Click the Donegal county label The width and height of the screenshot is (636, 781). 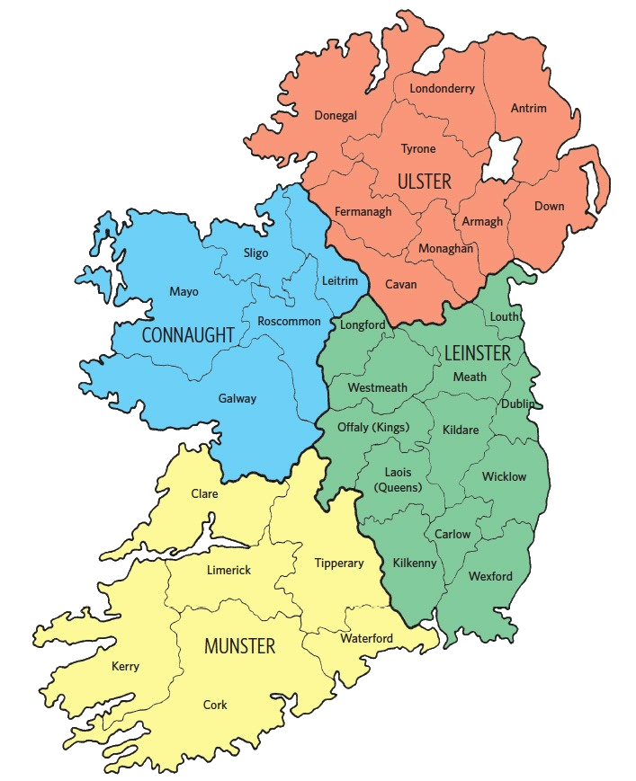336,115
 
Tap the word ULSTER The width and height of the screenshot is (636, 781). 424,182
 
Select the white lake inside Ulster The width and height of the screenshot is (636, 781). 502,158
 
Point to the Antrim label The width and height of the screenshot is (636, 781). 528,109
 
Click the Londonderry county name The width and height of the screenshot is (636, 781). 442,88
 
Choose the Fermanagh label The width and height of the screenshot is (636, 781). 363,212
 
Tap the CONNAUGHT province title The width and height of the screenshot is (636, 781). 188,335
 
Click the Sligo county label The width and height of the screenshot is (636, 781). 255,253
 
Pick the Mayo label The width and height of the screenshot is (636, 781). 184,291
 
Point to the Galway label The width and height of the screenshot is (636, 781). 237,398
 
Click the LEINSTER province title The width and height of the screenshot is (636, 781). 477,353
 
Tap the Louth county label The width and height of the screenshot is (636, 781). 504,317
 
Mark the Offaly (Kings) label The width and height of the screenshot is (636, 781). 372,427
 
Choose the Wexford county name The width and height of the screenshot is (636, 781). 490,576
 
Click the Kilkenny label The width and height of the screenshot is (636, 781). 415,563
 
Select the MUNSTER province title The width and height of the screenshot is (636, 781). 239,646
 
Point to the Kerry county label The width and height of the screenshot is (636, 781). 125,666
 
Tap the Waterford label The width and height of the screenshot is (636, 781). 366,638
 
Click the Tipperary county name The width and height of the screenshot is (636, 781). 339,563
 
